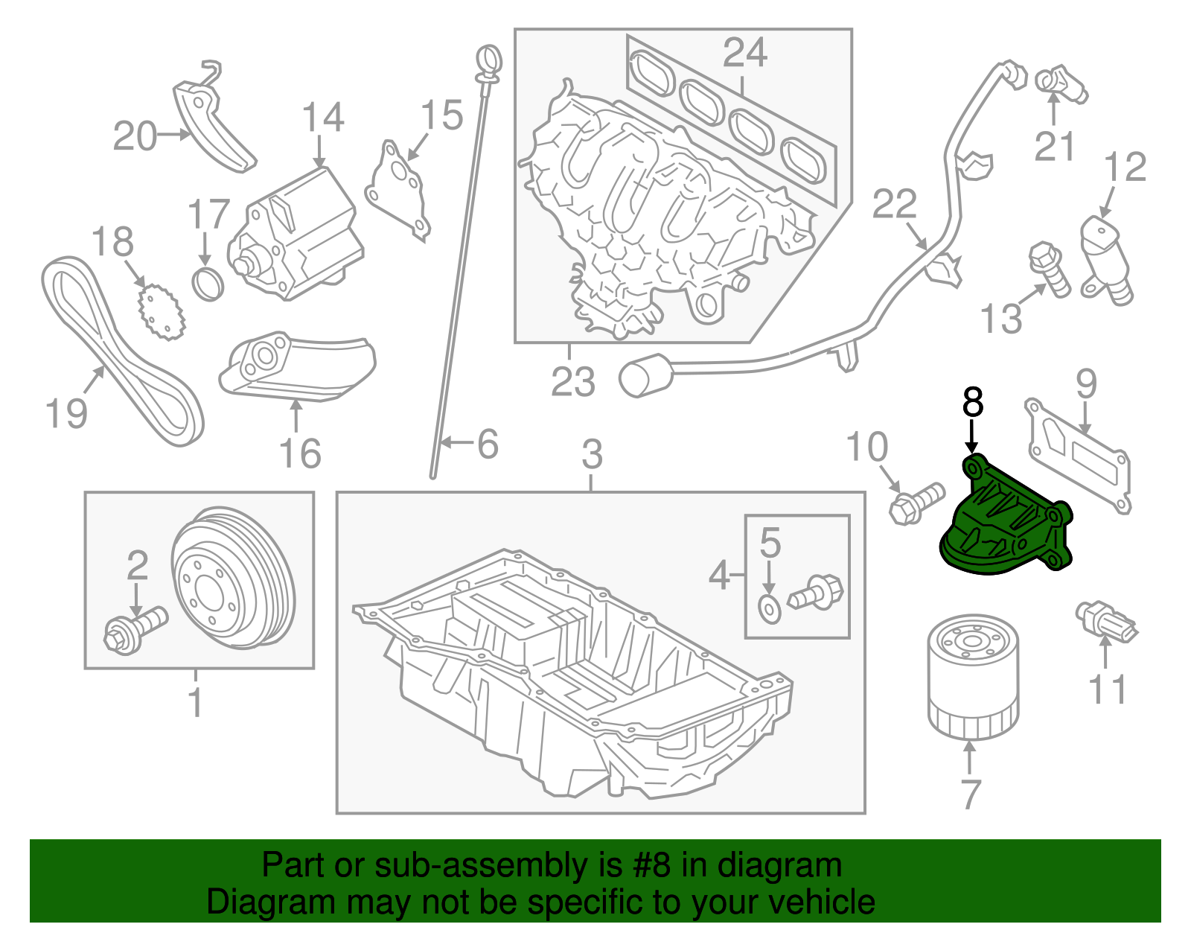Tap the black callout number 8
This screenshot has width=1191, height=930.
(972, 403)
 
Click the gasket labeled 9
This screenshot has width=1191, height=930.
(1079, 454)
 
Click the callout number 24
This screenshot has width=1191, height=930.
(744, 54)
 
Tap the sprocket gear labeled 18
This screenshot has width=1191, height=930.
(161, 313)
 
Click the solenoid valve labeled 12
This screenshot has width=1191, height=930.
(1105, 257)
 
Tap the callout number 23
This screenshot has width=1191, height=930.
(572, 382)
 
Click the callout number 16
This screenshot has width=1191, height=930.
(300, 453)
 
